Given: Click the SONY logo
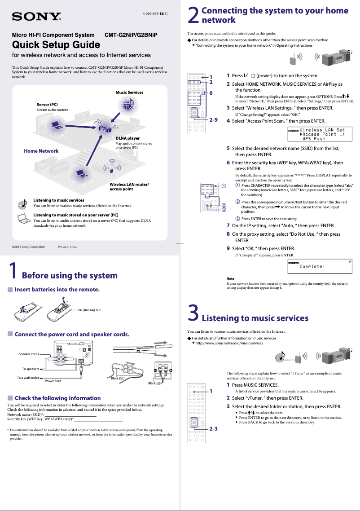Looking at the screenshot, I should pos(36,17).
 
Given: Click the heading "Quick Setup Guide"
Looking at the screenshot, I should pos(56,45).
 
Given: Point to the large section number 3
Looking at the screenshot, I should pos(193,313).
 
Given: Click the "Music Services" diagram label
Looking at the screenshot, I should pos(129,93).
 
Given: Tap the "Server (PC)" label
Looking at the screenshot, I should pos(47,105).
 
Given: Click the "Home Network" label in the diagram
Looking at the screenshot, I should pos(41,151).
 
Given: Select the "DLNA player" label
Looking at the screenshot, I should pos(127,138).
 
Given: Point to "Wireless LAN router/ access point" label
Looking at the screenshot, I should pos(129,187).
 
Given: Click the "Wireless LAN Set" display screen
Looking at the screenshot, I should pos(319,134).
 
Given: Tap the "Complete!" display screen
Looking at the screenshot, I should pos(319,266).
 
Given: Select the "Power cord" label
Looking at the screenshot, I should pos(53,381).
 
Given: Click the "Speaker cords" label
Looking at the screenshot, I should pos(29,354).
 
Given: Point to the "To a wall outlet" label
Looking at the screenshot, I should pos(28,378).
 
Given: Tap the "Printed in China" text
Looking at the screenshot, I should pos(67,247).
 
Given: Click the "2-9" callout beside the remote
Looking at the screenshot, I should pos(213,119).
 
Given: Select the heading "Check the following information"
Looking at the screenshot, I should pos(57,398).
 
